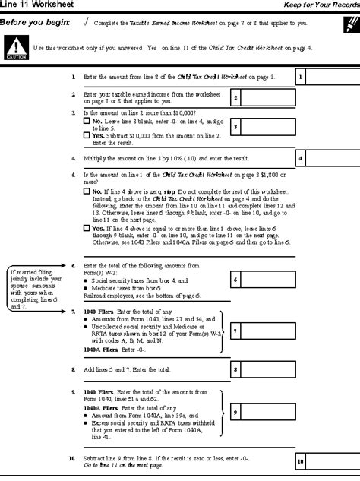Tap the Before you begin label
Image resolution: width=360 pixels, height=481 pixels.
tap(30, 23)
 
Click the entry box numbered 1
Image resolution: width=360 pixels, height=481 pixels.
tap(327, 77)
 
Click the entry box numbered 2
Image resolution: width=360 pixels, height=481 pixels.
tap(263, 98)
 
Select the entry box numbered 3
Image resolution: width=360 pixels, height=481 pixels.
tap(263, 128)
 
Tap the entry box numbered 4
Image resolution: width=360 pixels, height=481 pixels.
tap(327, 158)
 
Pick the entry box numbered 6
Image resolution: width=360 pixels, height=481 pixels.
tap(263, 280)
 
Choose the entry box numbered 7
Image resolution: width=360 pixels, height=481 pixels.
tap(263, 331)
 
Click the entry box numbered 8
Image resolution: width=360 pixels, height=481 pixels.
tap(263, 369)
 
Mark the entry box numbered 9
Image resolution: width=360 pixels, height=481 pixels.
tap(263, 412)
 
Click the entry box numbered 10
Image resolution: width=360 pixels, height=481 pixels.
tap(327, 460)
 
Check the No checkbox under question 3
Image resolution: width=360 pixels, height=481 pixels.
tap(86, 120)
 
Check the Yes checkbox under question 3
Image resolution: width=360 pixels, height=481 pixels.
tap(86, 134)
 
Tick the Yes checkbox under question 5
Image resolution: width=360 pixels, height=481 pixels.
tap(86, 227)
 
